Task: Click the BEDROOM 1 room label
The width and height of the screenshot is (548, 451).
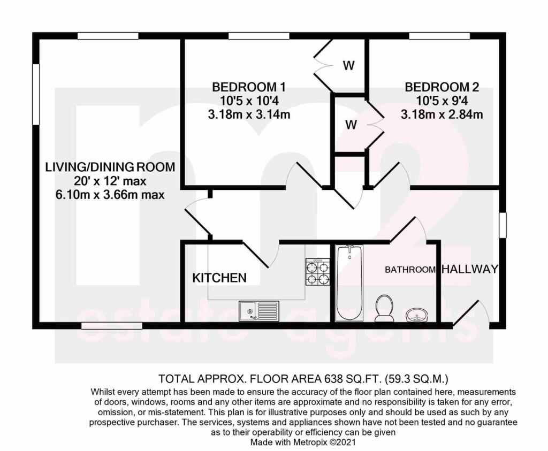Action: click(x=248, y=87)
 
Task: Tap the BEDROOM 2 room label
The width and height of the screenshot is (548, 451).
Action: click(x=442, y=87)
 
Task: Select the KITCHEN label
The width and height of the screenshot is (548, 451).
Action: click(x=219, y=278)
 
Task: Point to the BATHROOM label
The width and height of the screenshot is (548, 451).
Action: click(x=410, y=270)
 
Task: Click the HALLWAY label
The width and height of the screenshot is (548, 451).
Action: click(x=469, y=269)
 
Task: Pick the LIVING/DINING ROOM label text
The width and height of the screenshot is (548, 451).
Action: click(x=110, y=167)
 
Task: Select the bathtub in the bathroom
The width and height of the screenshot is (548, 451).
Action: click(x=349, y=282)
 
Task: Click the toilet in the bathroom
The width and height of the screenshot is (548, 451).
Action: click(x=384, y=308)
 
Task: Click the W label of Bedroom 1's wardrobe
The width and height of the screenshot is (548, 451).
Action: click(x=348, y=66)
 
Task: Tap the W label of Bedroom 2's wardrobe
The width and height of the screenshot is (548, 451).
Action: click(x=351, y=125)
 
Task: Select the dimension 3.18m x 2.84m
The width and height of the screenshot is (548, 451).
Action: click(x=442, y=114)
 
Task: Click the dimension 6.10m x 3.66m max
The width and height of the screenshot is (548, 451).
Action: click(x=110, y=195)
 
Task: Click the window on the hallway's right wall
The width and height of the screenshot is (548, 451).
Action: click(x=502, y=225)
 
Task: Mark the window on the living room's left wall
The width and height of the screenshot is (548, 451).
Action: click(x=35, y=95)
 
